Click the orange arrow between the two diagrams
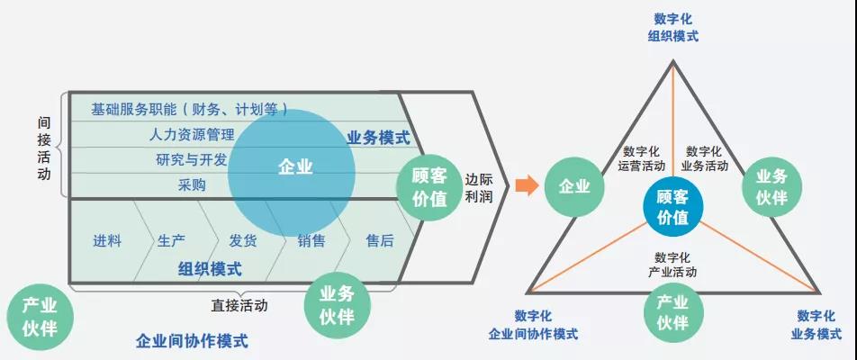(x=527, y=185)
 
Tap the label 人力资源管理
(x=191, y=134)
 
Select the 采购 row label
(x=192, y=185)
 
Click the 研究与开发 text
(x=191, y=160)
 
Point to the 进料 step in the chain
(x=107, y=241)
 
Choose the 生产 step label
(x=172, y=241)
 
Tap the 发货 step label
(x=243, y=241)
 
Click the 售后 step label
(x=380, y=241)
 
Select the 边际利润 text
(x=478, y=188)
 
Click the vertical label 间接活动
(x=44, y=148)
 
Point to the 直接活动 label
(x=239, y=305)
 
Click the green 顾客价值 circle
(x=429, y=187)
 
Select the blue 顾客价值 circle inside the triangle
(x=672, y=207)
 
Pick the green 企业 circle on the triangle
(x=574, y=187)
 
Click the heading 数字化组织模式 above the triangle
(x=672, y=28)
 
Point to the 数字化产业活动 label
(x=672, y=265)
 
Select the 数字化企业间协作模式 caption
(x=533, y=325)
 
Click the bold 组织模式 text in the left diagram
(x=210, y=269)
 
